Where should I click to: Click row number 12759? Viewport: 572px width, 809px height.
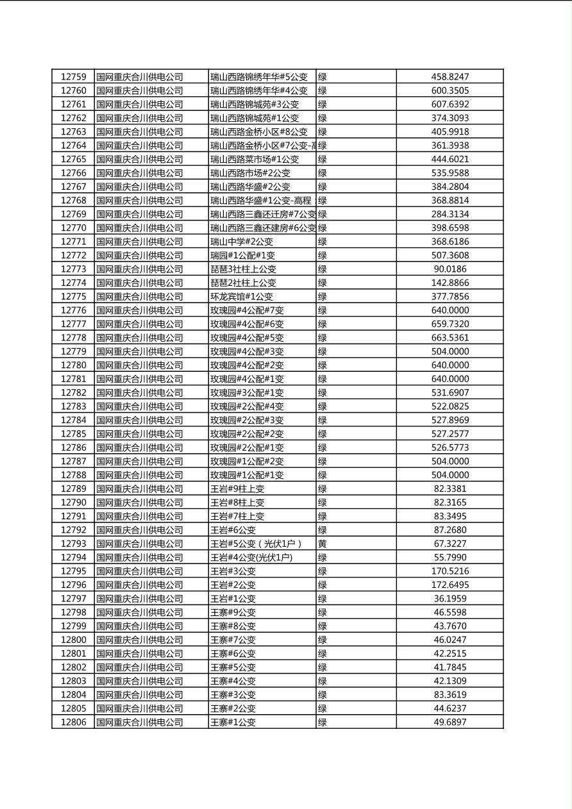[73, 77]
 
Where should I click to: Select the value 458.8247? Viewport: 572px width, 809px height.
[450, 77]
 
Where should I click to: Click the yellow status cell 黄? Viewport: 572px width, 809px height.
[323, 544]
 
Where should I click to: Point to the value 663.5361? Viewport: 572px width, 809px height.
[450, 338]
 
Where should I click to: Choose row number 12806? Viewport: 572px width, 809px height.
[73, 722]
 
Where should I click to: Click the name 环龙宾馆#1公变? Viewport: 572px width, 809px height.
[242, 297]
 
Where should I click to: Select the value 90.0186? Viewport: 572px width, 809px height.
[450, 269]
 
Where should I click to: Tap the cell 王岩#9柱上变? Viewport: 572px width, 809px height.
[237, 488]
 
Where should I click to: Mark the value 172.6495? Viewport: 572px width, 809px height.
[450, 585]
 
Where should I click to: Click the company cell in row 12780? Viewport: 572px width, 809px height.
[140, 365]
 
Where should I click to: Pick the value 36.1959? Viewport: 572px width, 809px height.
[450, 599]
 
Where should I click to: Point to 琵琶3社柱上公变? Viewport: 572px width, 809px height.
[244, 269]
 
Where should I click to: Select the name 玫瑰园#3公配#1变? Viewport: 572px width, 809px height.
[248, 392]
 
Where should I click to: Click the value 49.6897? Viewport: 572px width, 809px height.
[450, 722]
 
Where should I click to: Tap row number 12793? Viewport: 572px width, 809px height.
[73, 544]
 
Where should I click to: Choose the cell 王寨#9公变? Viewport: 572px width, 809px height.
[233, 612]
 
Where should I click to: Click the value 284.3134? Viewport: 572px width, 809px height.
[450, 214]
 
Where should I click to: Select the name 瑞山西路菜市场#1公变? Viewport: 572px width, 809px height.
[255, 159]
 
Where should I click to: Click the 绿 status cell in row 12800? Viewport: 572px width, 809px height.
[323, 640]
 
